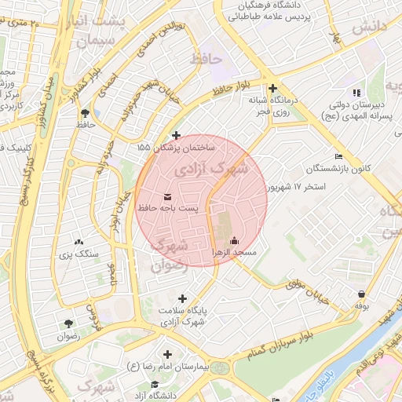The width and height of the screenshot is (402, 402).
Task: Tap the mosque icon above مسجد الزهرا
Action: [233, 240]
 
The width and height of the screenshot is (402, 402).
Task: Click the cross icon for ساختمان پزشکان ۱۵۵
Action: [176, 135]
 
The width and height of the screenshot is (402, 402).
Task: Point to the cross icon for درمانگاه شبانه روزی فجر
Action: [272, 88]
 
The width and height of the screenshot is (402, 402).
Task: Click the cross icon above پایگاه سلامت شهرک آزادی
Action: [183, 298]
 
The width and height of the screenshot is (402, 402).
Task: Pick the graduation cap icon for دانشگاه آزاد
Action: [155, 385]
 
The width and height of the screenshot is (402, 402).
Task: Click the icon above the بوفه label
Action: [360, 294]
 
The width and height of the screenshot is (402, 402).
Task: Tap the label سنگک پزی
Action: [78, 254]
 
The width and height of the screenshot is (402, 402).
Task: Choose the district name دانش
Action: [370, 27]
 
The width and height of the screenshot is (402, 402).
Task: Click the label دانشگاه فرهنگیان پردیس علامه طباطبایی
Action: [281, 10]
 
